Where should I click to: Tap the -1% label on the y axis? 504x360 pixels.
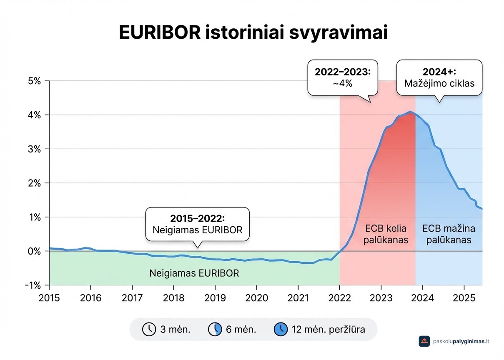33,285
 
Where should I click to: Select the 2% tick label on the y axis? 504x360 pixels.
34,183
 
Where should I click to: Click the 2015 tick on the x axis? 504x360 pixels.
49,298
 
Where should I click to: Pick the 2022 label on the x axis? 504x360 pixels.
339,298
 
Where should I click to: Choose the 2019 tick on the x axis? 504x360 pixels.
215,298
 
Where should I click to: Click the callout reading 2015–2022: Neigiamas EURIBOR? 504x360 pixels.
197,224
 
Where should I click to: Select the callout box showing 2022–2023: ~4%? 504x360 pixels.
343,77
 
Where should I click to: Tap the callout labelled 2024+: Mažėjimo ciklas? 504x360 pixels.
439,77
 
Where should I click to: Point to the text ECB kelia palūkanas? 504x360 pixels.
385,234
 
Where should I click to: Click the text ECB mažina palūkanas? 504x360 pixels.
449,234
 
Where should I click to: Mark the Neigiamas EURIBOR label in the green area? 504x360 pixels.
194,274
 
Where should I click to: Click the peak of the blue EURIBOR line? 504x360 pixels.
410,112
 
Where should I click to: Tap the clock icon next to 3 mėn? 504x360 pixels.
148,330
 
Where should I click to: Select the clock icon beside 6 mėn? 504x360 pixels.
214,330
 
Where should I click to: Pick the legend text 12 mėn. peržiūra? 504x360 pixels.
328,330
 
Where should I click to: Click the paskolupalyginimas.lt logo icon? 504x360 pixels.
424,341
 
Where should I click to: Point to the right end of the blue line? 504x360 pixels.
482,209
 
